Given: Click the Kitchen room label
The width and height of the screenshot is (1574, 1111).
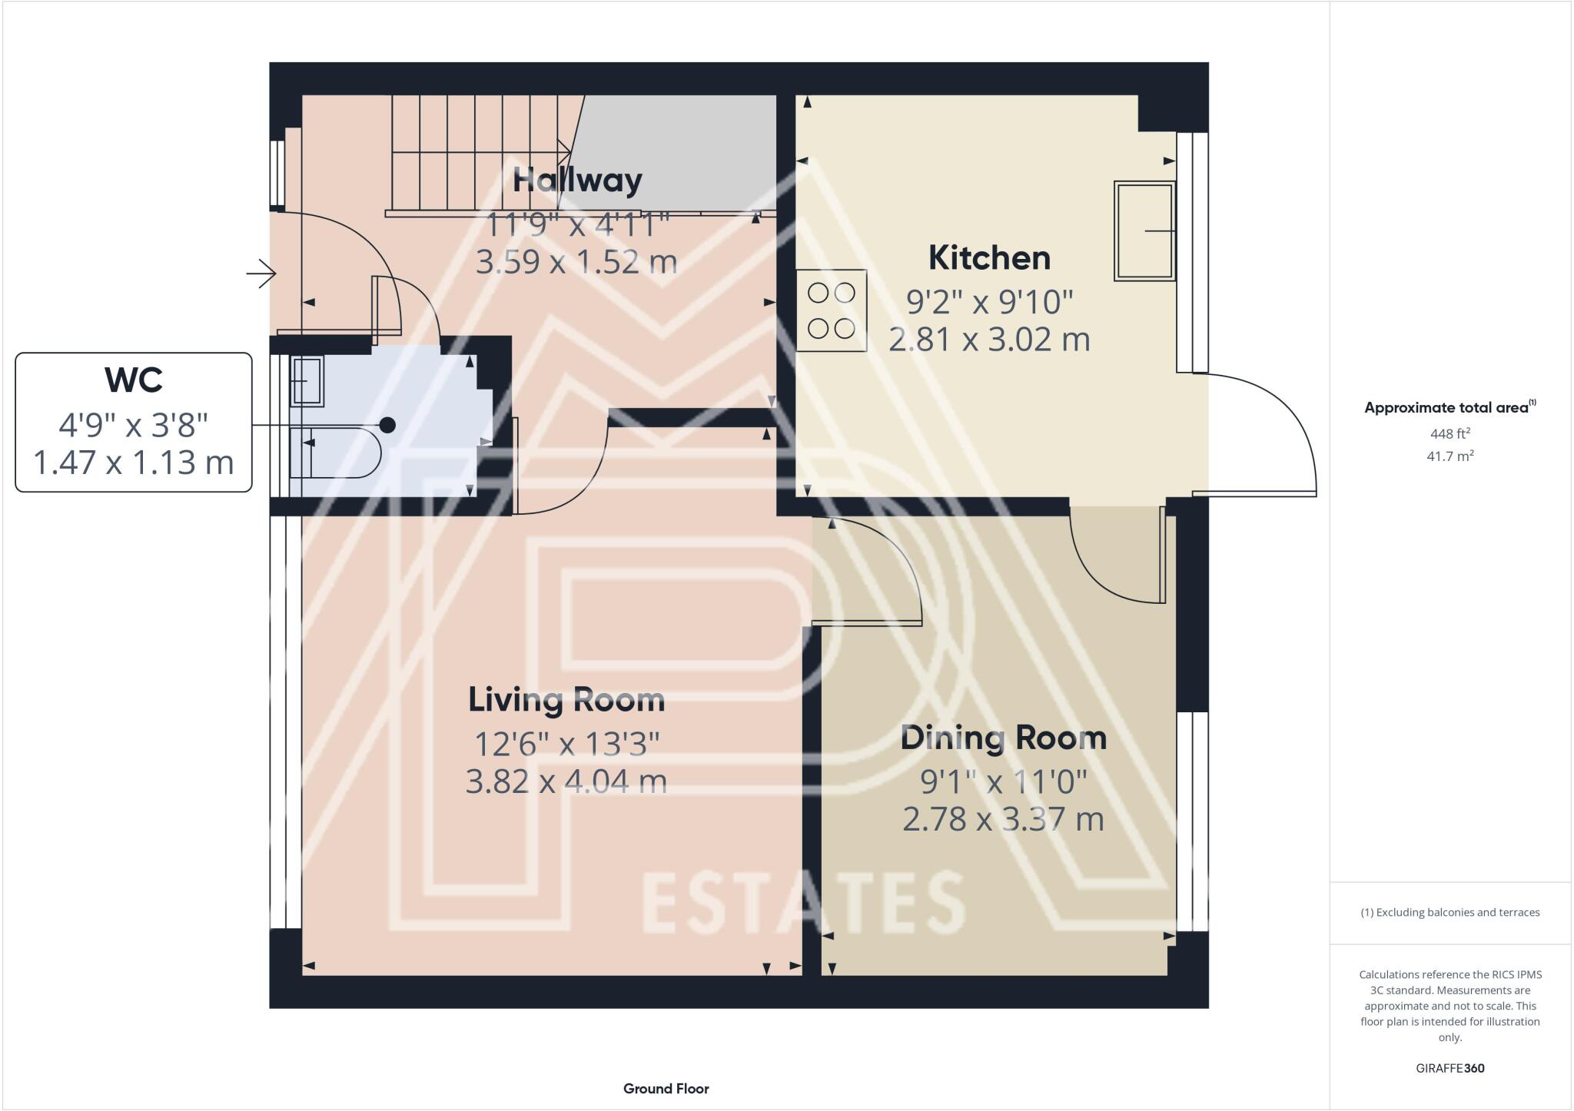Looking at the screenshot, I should (989, 258).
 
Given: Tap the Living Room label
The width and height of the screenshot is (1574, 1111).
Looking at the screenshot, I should (566, 700).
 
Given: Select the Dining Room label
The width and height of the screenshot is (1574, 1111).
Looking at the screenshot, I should (1003, 738).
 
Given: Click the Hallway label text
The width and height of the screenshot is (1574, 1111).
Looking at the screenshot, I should (577, 181).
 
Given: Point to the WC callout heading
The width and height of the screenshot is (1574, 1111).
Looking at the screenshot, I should (134, 380).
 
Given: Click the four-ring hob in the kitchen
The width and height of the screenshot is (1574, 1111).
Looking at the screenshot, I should (832, 310).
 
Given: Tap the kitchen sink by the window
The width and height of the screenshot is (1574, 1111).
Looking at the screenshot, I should (1144, 230).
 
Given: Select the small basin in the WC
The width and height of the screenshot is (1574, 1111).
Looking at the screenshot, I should (307, 381).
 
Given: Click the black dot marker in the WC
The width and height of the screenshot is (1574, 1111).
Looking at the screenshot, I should (388, 425).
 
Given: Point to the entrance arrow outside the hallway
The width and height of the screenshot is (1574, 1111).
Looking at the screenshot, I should (261, 273).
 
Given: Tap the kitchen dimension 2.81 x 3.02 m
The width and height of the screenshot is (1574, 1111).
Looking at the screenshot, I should (989, 340).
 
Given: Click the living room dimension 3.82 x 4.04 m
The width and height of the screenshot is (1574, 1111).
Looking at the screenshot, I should (566, 781).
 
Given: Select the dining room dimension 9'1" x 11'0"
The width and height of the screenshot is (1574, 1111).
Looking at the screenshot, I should (1003, 782).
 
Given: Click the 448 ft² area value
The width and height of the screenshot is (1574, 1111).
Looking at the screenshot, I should (1449, 433).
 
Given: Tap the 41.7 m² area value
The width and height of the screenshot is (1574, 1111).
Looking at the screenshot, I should (1449, 456).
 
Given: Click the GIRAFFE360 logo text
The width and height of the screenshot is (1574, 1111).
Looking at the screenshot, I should (1449, 1068).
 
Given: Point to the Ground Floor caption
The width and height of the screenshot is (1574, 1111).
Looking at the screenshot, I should (666, 1089).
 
